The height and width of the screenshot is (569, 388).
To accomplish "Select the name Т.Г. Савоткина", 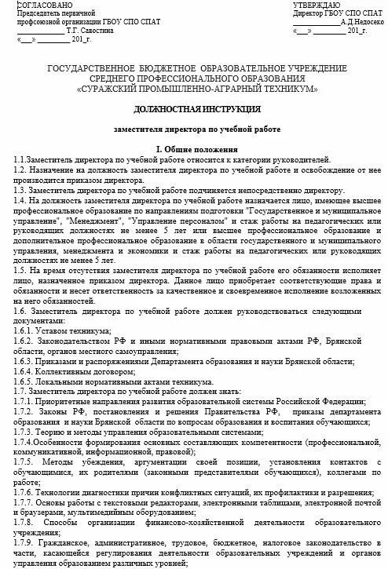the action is click(x=101, y=31).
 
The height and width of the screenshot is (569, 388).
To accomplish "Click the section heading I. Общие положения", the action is click(x=193, y=149).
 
